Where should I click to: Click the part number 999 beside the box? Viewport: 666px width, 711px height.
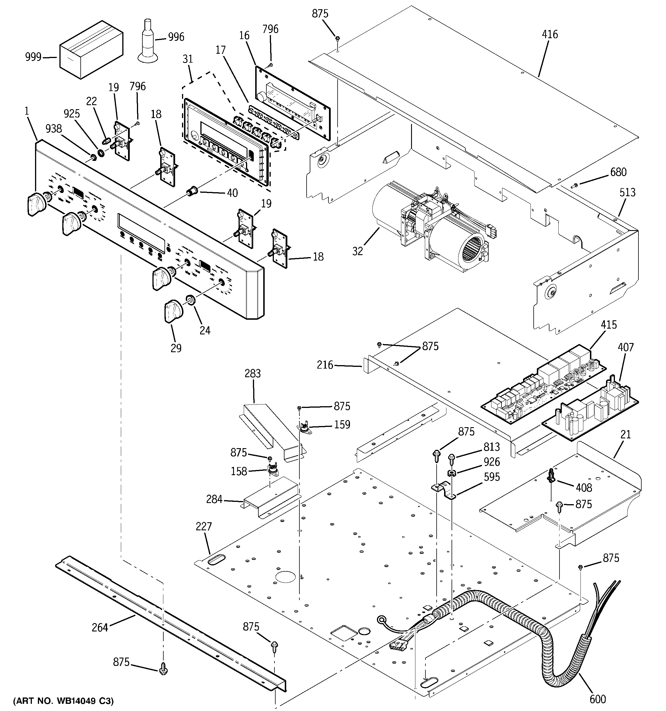(x=33, y=57)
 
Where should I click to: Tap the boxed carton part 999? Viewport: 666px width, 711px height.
(x=91, y=49)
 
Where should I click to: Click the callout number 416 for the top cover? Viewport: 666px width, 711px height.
(x=549, y=34)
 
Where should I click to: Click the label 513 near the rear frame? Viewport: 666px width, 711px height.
(x=628, y=193)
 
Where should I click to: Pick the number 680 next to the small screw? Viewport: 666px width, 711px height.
(x=618, y=172)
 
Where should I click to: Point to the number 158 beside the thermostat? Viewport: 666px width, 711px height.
(x=239, y=471)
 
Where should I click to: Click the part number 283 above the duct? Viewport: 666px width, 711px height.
(x=253, y=374)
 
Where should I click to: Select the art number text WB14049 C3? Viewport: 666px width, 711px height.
(x=63, y=700)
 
